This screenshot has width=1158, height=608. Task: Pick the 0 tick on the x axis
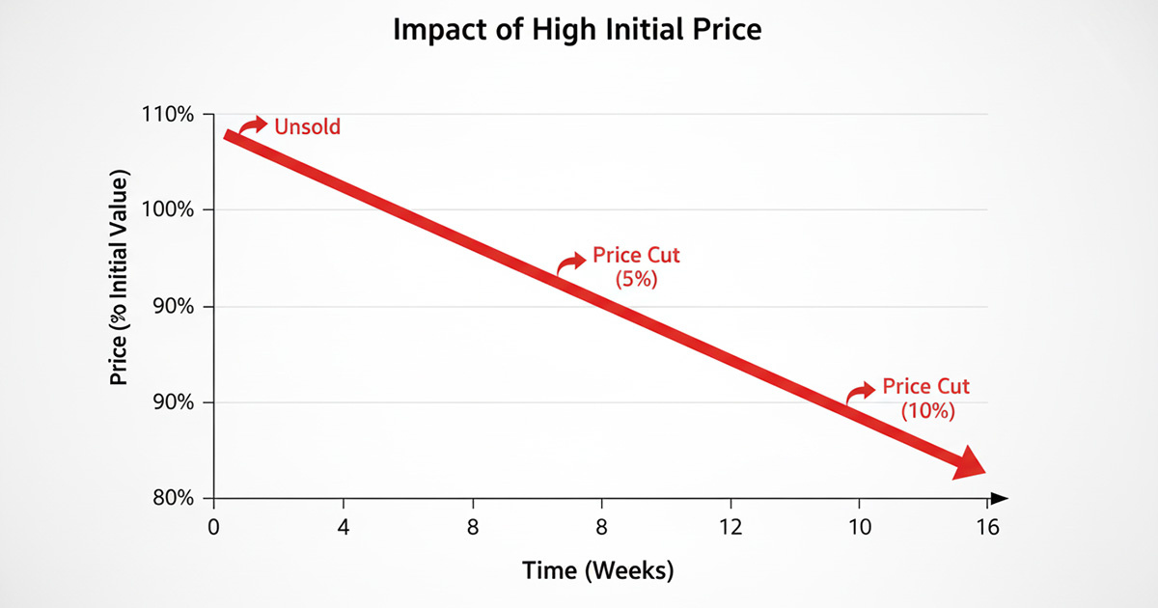point(214,528)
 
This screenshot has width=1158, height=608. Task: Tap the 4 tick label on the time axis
point(344,528)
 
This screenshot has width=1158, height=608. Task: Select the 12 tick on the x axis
point(731,528)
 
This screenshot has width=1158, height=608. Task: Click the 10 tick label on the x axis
point(859,528)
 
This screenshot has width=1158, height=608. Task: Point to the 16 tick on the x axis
point(987,528)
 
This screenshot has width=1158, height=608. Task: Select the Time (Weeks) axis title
point(598,570)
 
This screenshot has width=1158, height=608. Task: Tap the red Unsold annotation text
point(308,126)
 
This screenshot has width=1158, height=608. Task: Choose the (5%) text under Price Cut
point(636,278)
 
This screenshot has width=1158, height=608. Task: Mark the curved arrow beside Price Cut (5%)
point(570,262)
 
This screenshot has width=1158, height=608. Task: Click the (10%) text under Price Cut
point(927,410)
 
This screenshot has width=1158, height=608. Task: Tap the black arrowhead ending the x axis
point(1000,498)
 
